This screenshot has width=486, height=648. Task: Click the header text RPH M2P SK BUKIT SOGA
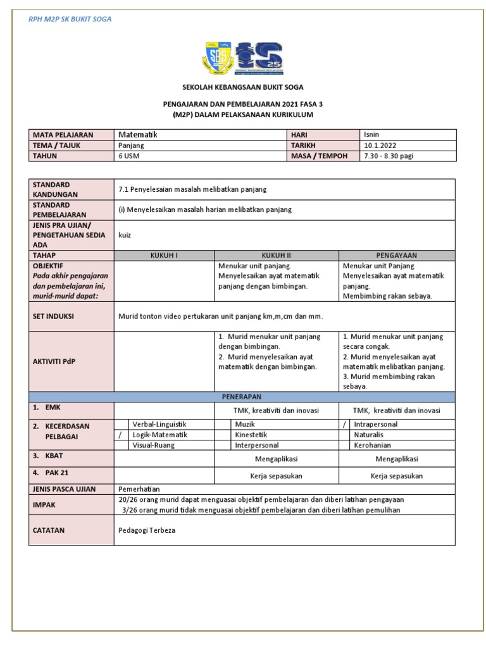click(x=70, y=20)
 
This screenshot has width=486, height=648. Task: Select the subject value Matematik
click(x=137, y=135)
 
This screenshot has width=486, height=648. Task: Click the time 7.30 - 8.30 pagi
click(x=389, y=156)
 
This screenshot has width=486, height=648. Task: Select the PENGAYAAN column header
click(x=396, y=255)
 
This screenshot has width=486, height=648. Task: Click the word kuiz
click(x=125, y=235)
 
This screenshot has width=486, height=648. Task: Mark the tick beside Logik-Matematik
click(x=120, y=435)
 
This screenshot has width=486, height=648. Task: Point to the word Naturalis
click(x=368, y=435)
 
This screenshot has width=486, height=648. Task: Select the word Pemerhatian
click(x=139, y=489)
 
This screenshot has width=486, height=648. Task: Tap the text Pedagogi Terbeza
click(x=147, y=530)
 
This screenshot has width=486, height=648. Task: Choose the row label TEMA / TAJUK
click(x=58, y=146)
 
